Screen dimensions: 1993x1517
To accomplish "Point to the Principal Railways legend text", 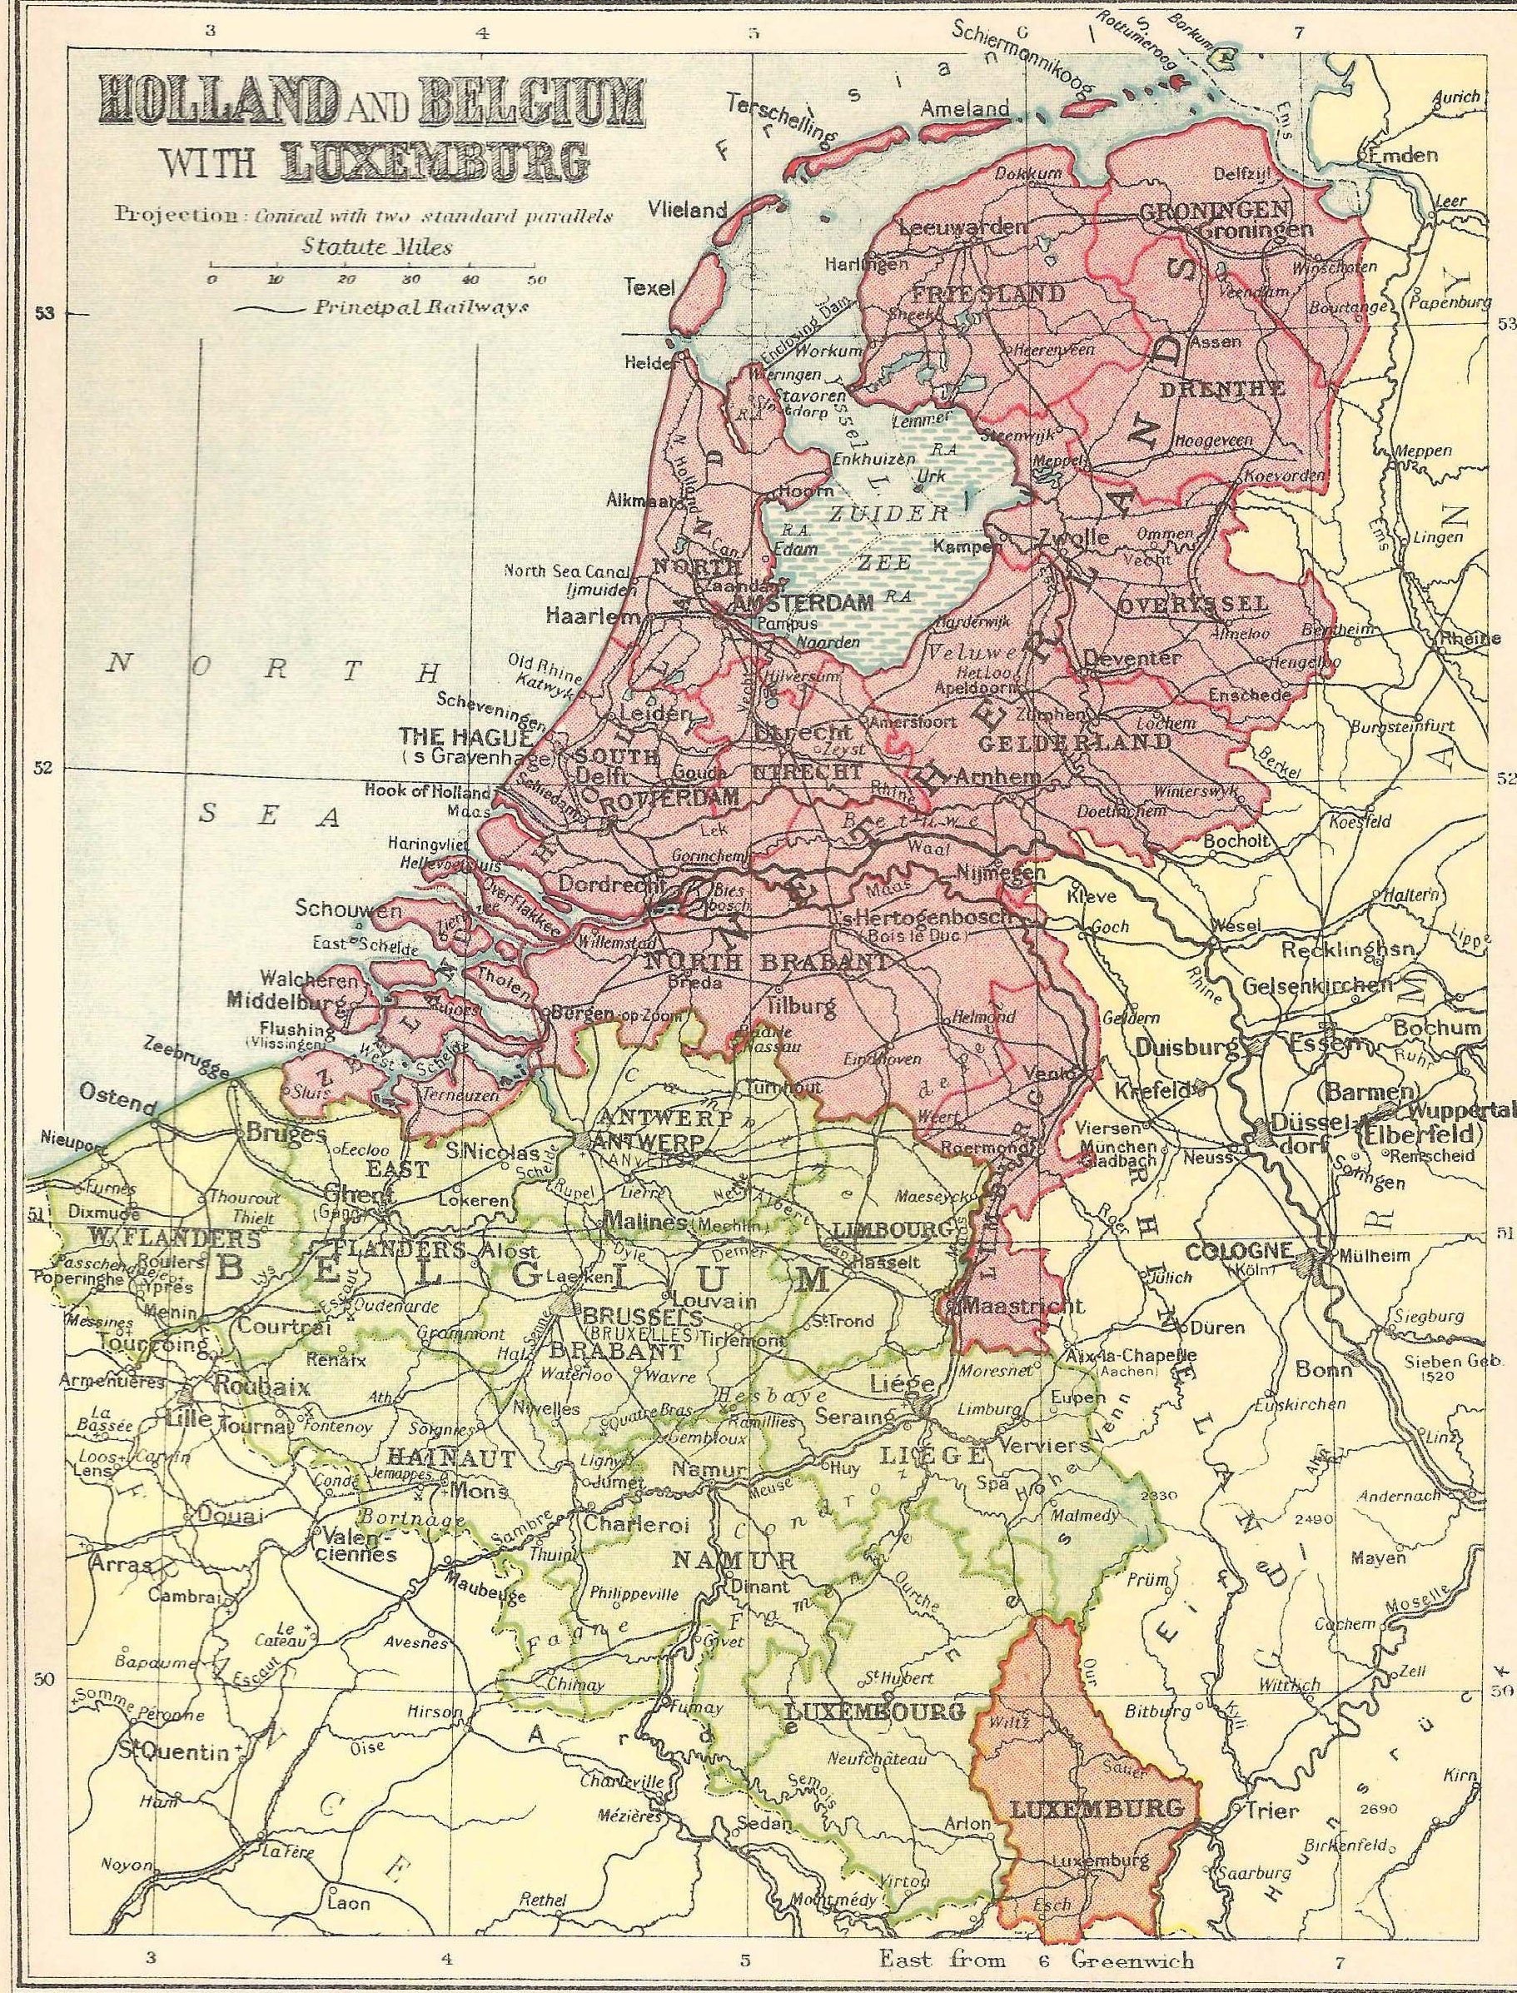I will [420, 308].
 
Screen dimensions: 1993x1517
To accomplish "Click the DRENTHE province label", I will [1235, 390].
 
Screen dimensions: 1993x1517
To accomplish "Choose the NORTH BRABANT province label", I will [767, 963].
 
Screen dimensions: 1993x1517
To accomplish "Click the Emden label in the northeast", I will [1403, 155].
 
